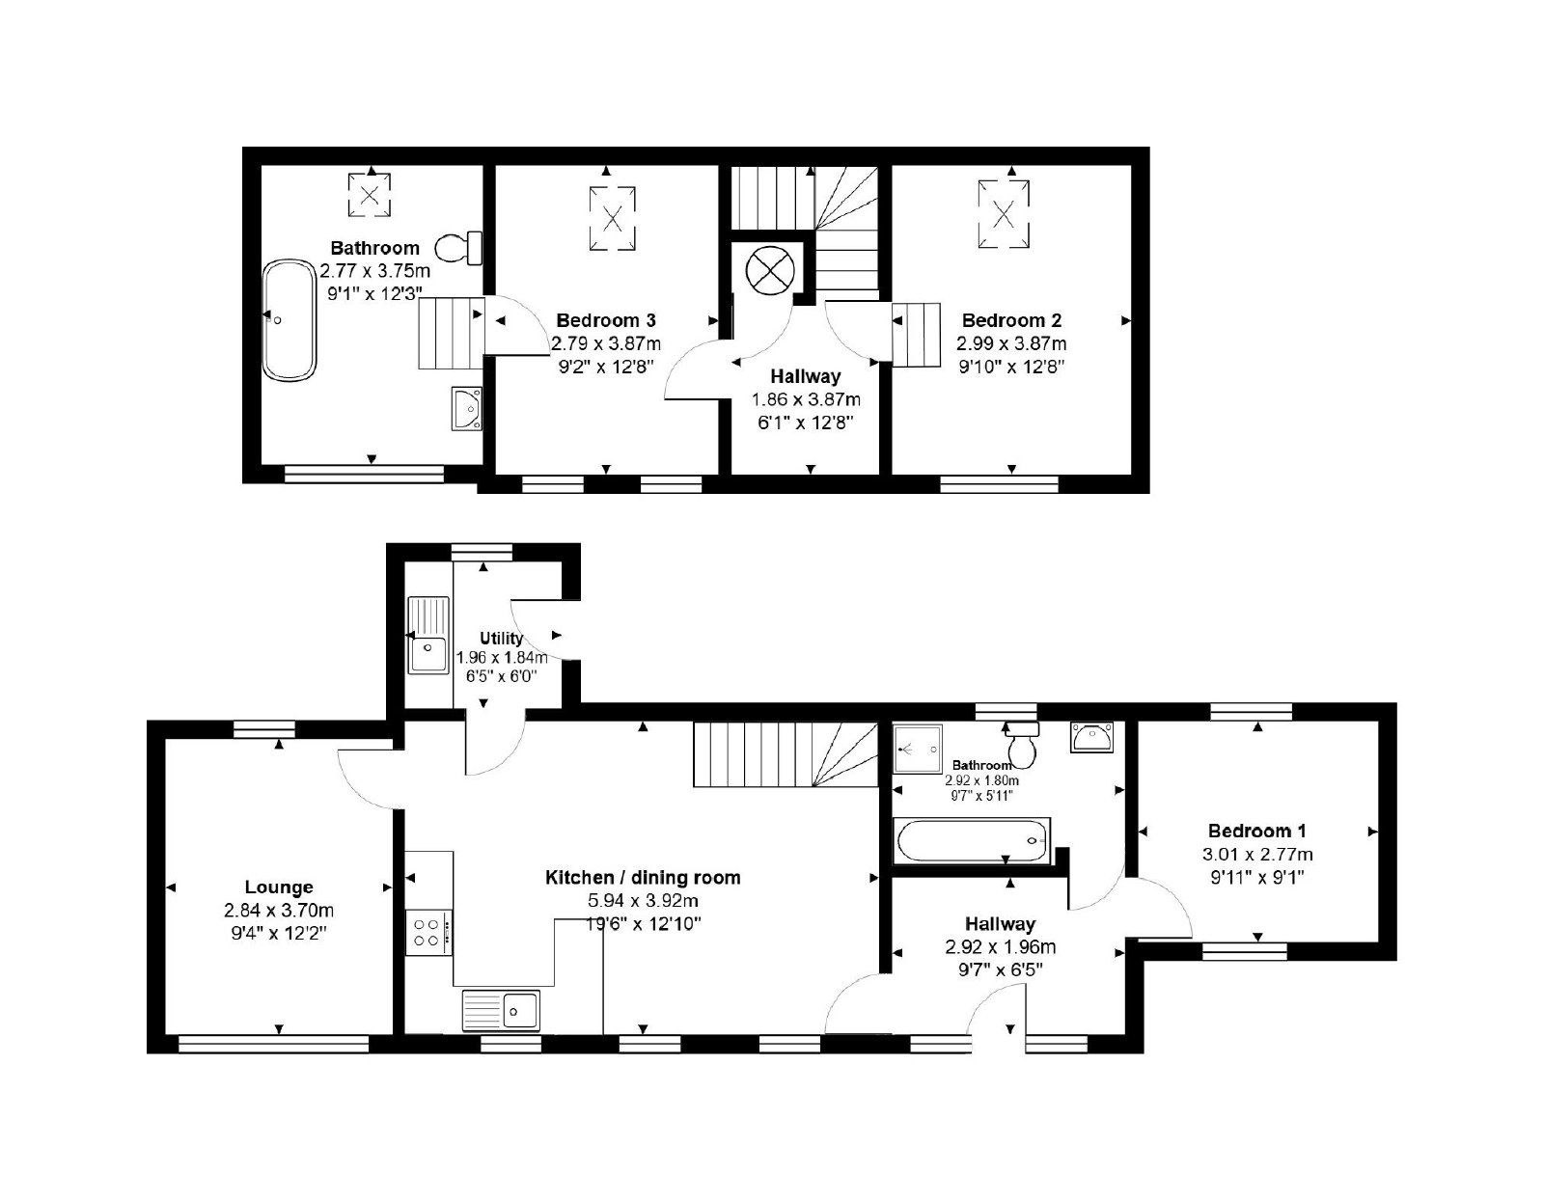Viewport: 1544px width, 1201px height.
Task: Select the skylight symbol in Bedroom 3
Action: point(612,218)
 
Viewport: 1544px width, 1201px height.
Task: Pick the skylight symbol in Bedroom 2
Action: point(1003,213)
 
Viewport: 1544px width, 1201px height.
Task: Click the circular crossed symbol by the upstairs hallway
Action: point(769,270)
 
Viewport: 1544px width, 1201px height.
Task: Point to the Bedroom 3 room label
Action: point(605,320)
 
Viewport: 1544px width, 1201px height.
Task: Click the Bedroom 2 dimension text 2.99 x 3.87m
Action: point(1011,343)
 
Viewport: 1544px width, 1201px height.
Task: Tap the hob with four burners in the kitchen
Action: point(429,933)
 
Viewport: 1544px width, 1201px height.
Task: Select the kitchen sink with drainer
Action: point(501,1009)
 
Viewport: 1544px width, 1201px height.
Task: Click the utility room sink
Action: point(428,635)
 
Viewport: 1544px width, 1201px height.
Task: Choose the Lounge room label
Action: point(279,887)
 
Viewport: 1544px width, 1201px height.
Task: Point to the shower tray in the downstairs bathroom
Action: point(918,749)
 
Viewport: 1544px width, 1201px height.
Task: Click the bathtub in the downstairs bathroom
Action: point(972,841)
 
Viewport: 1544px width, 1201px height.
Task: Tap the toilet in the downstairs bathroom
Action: point(1022,745)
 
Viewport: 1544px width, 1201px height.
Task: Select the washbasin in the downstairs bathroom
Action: point(1092,736)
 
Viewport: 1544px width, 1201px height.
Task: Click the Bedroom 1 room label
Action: point(1257,831)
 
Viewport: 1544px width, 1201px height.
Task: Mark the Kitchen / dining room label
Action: point(643,877)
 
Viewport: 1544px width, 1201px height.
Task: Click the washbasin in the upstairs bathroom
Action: point(466,408)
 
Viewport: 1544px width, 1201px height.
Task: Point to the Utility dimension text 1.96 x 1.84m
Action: point(502,657)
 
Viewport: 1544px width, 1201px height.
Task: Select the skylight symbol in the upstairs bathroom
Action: point(369,195)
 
